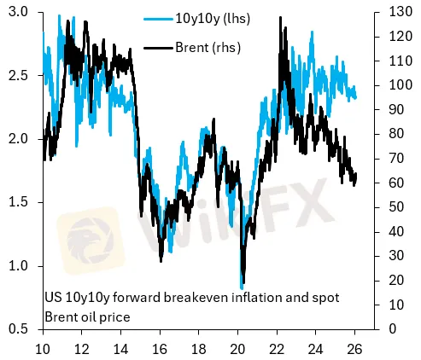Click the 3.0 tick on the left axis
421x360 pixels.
[x=19, y=12]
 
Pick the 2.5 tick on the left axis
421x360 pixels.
[x=19, y=76]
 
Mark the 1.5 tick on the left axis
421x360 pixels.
[x=19, y=202]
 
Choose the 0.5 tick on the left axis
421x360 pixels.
[x=19, y=329]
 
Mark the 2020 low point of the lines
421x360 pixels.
[x=243, y=286]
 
